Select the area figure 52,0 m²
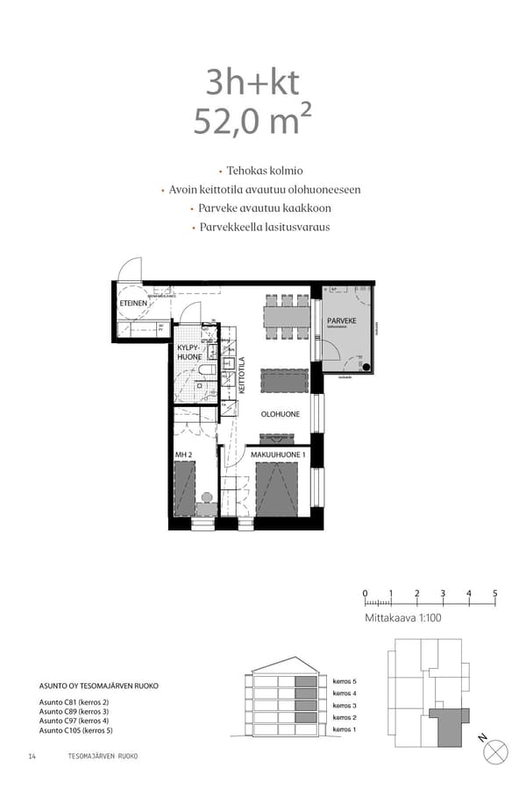point(252,121)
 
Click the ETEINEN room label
point(132,304)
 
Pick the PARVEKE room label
point(341,322)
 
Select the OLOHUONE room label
point(281,414)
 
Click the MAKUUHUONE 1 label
point(278,454)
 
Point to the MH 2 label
point(183,454)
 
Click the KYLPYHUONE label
point(189,352)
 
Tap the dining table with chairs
point(287,317)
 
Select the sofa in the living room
point(285,380)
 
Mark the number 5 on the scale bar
point(494,594)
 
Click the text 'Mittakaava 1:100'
point(404,618)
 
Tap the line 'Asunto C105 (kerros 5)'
point(76,729)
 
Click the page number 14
point(32,756)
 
